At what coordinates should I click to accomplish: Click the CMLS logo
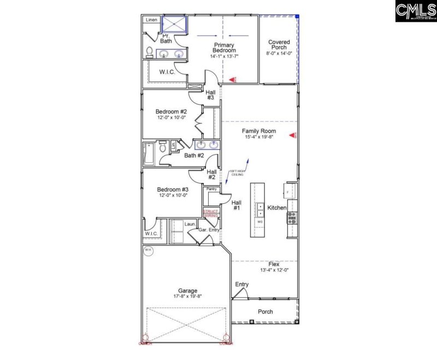415,11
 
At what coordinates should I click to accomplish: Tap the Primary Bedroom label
224,48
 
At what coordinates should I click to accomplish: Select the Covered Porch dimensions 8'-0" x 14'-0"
279,54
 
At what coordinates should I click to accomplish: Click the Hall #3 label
210,95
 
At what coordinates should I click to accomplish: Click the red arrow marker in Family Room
292,134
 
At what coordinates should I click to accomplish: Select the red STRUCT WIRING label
211,213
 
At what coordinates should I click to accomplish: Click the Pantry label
212,189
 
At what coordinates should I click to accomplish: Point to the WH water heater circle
148,251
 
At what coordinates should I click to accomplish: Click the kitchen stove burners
292,219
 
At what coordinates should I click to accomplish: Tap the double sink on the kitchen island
260,210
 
